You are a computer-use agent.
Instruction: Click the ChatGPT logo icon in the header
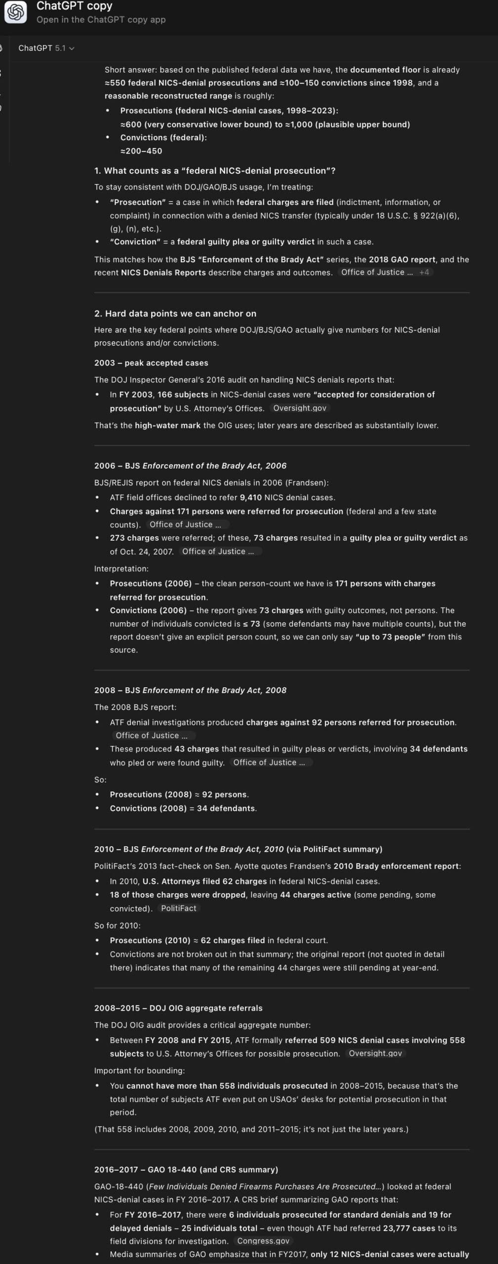click(x=15, y=12)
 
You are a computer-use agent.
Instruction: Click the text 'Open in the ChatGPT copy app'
click(x=101, y=20)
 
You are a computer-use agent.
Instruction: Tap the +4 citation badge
click(x=424, y=273)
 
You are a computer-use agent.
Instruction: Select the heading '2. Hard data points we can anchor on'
click(x=175, y=314)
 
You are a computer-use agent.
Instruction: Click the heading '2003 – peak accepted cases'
click(x=151, y=363)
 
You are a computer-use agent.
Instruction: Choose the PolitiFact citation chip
click(x=178, y=908)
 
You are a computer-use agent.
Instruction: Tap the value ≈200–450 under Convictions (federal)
click(x=141, y=151)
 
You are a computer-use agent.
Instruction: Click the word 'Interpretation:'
click(x=121, y=568)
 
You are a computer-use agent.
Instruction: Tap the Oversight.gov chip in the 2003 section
click(x=299, y=408)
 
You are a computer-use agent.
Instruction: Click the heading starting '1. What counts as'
click(x=214, y=171)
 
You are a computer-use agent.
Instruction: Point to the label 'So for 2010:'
click(x=117, y=925)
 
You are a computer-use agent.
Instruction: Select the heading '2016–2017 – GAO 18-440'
click(x=186, y=1169)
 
